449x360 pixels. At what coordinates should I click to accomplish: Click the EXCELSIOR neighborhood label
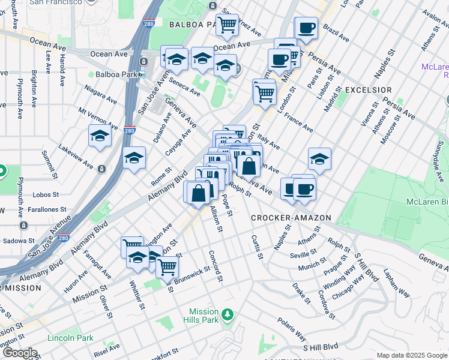(x=369, y=89)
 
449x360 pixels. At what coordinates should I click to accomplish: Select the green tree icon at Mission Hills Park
(x=227, y=314)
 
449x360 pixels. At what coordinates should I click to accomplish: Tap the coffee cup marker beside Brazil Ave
(x=306, y=27)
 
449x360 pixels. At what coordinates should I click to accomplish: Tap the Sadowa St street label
(x=17, y=240)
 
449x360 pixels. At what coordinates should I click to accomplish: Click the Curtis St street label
(x=256, y=247)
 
